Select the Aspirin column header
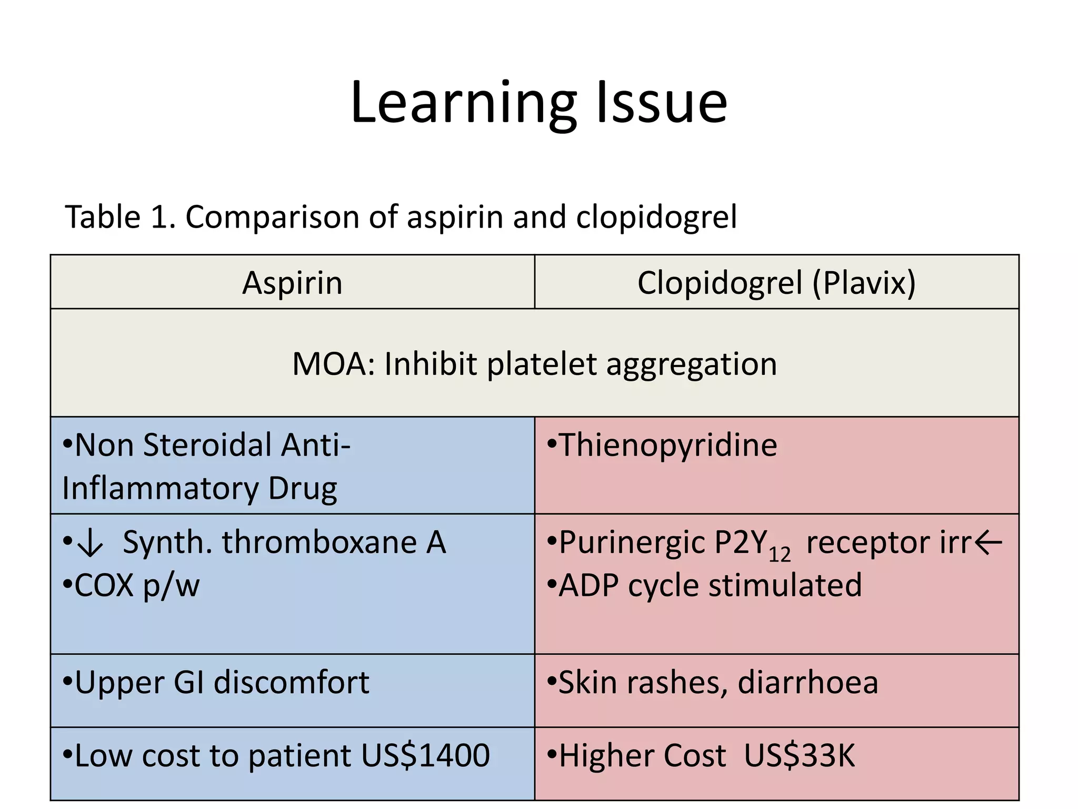click(x=292, y=283)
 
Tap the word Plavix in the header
click(x=864, y=283)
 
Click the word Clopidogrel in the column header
click(x=720, y=283)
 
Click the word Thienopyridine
click(x=667, y=445)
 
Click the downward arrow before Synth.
click(x=90, y=544)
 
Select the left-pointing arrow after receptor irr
click(x=988, y=543)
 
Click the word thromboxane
click(x=320, y=542)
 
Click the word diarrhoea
click(x=808, y=683)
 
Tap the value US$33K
click(x=800, y=755)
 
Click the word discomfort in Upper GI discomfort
click(x=292, y=683)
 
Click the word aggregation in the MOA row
click(x=692, y=364)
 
